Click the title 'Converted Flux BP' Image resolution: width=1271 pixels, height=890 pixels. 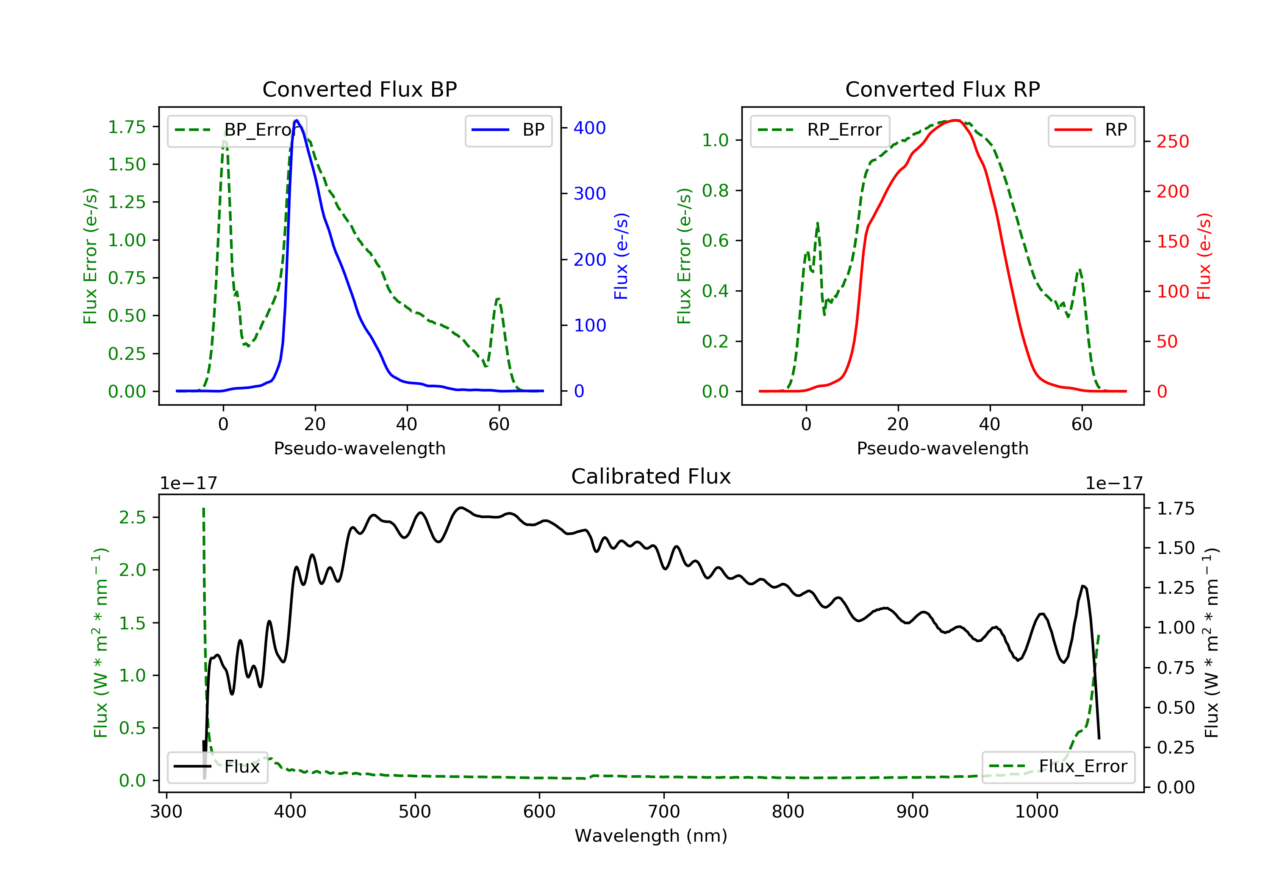click(x=359, y=89)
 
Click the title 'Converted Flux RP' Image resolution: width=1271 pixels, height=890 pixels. click(x=942, y=89)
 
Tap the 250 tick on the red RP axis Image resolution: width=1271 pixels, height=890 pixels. click(x=1172, y=142)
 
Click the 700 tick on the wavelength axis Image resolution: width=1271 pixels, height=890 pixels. click(x=664, y=812)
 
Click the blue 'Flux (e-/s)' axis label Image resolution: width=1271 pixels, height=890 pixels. click(x=621, y=256)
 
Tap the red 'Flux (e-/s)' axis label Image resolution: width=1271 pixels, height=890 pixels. click(x=1204, y=256)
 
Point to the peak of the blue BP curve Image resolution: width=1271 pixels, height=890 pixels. click(x=297, y=120)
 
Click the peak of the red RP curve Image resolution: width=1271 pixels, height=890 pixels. click(x=955, y=120)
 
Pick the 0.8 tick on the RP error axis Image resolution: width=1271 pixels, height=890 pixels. click(x=715, y=191)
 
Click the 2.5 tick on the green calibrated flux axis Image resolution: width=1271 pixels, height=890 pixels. click(x=132, y=517)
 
